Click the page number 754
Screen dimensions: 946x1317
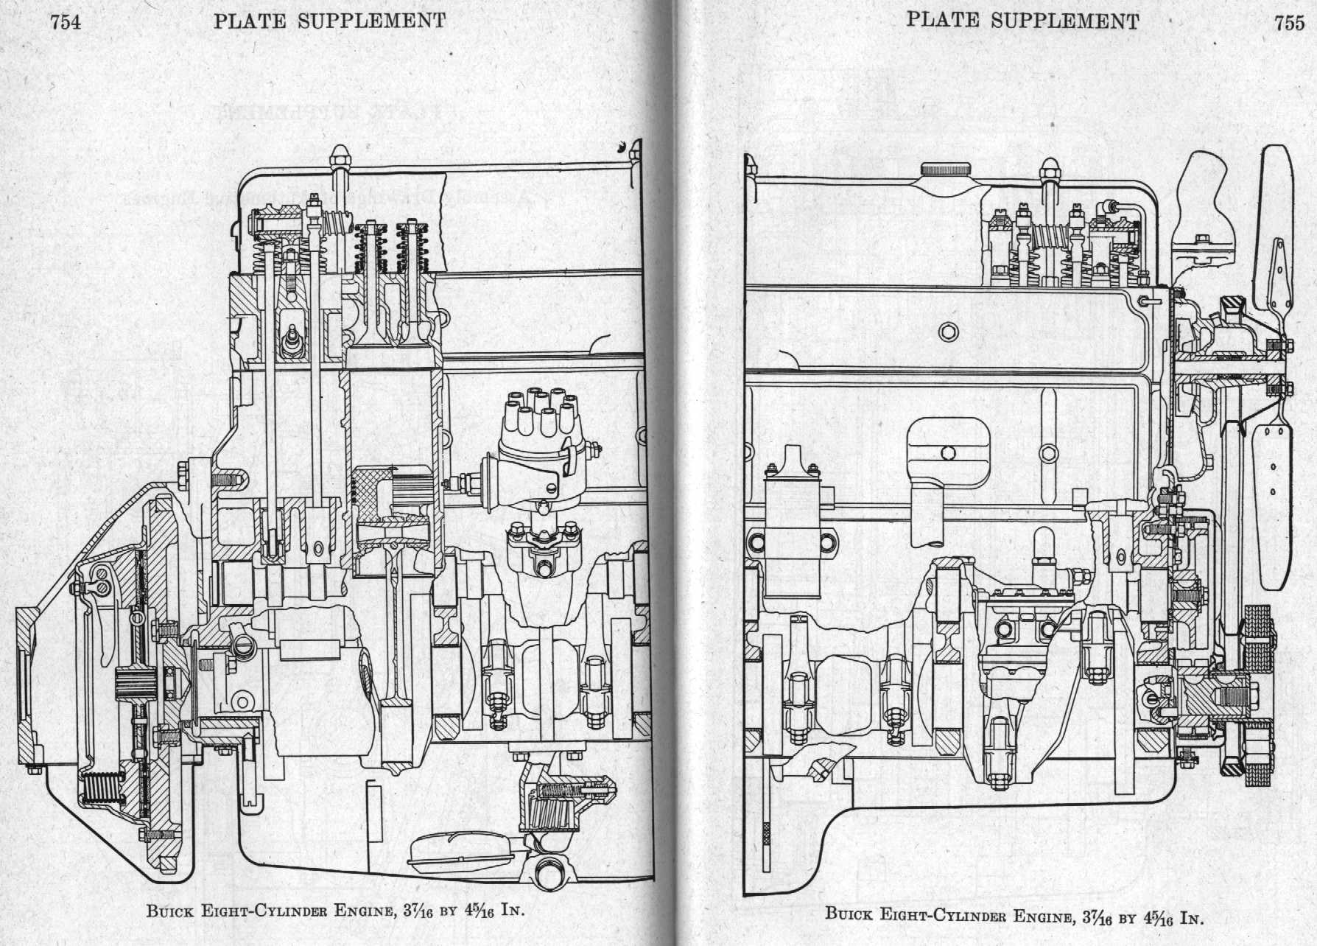(x=64, y=21)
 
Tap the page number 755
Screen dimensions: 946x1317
(x=1289, y=23)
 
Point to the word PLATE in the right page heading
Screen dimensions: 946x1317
(x=942, y=21)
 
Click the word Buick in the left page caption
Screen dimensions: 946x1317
(x=171, y=911)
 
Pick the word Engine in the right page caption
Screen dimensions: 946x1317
(x=1046, y=918)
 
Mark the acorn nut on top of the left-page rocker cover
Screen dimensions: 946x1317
(x=340, y=155)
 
